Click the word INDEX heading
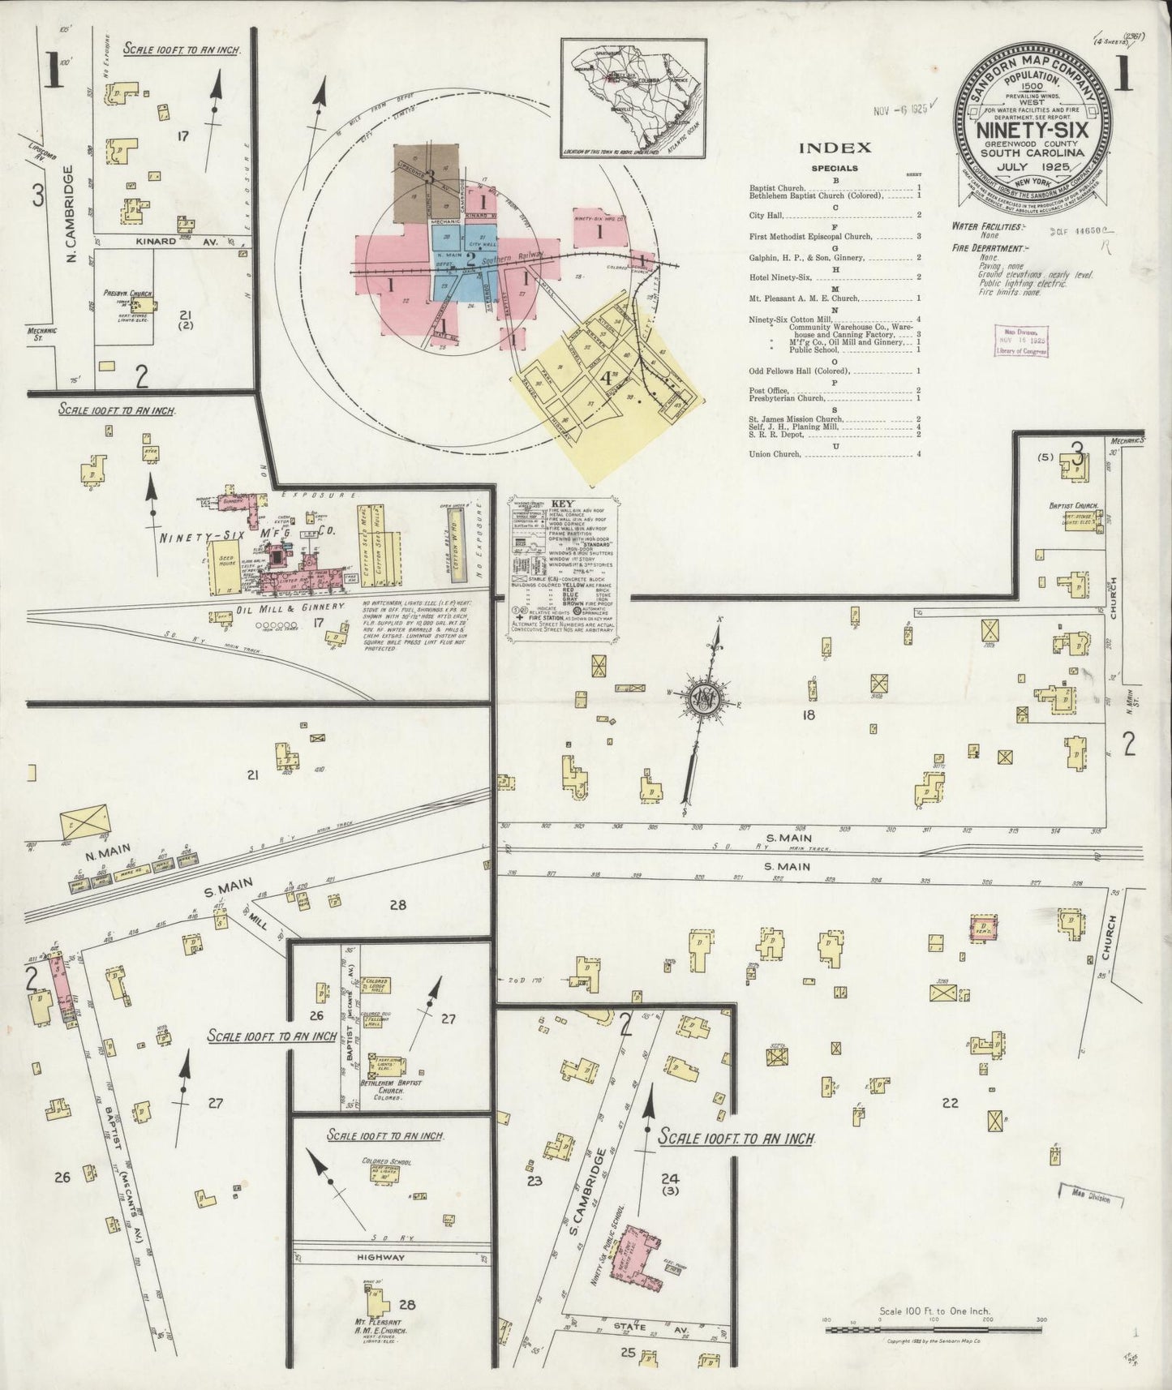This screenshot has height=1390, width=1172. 835,148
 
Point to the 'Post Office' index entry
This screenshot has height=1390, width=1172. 771,390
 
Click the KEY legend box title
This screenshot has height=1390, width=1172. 562,503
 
